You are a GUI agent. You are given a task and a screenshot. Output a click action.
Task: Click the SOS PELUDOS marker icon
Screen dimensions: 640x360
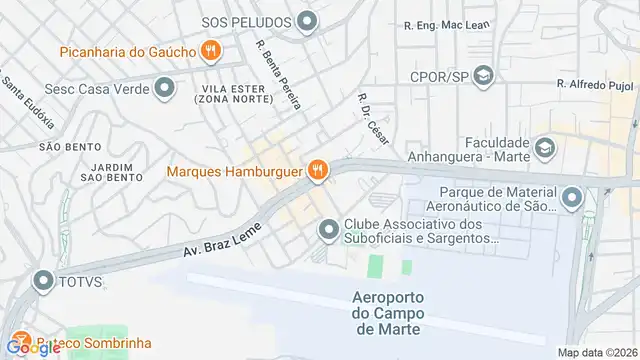[307, 21]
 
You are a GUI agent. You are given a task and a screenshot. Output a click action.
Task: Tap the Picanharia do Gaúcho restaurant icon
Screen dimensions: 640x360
[210, 49]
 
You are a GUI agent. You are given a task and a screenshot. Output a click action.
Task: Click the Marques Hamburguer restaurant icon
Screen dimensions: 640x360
[318, 170]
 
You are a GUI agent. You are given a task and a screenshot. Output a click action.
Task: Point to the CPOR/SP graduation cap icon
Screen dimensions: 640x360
[484, 76]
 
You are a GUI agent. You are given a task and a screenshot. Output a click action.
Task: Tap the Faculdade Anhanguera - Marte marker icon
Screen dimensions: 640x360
[545, 149]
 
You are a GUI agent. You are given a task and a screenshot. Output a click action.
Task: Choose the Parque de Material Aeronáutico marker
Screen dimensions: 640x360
[572, 198]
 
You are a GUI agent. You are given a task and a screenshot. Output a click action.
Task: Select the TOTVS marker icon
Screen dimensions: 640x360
[42, 282]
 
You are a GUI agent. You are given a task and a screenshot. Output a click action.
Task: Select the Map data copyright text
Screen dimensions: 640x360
[596, 352]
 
